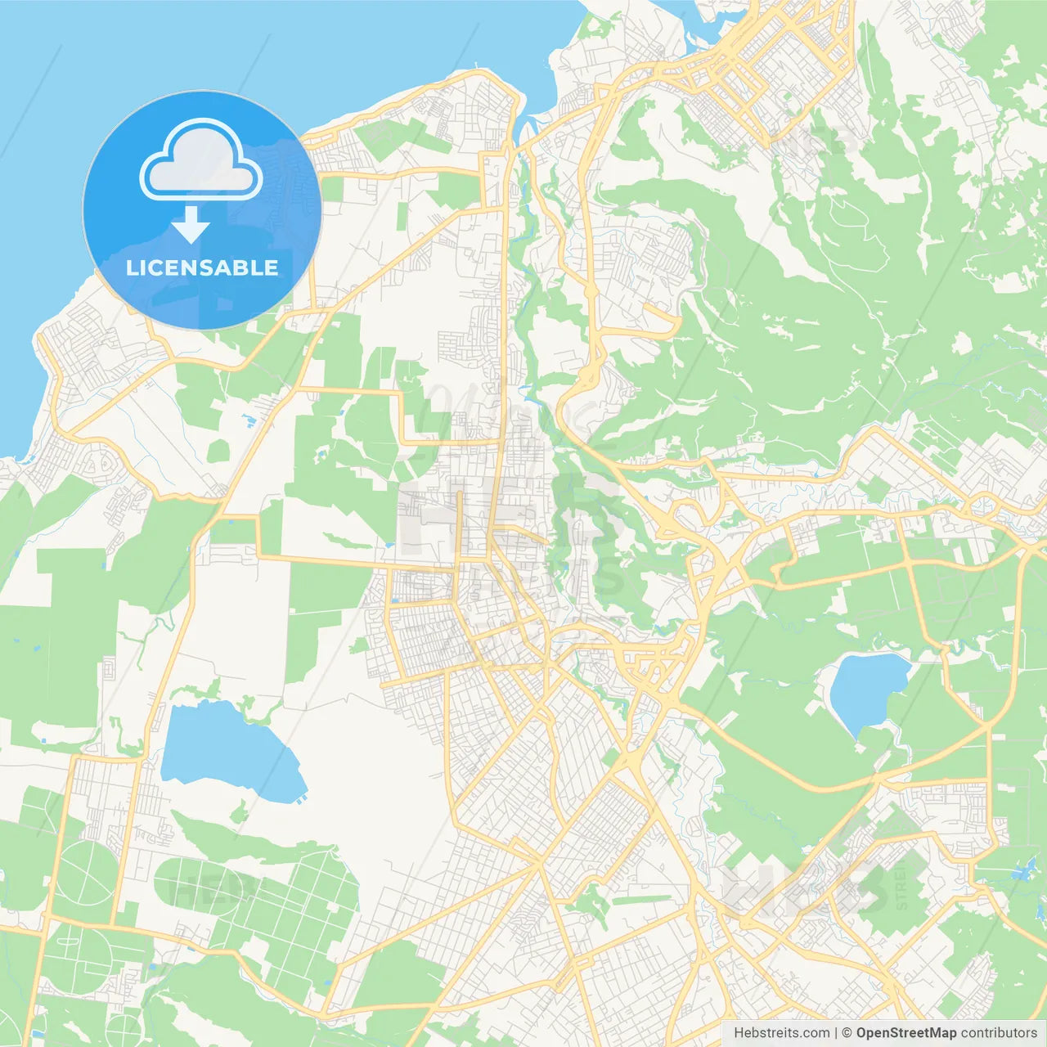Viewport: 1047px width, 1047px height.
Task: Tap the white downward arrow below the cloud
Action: pyautogui.click(x=191, y=224)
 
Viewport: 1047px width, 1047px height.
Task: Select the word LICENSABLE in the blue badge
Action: pyautogui.click(x=202, y=267)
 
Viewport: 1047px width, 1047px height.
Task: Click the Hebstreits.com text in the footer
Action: pyautogui.click(x=781, y=1033)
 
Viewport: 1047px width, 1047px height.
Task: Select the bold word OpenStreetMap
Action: pyautogui.click(x=906, y=1033)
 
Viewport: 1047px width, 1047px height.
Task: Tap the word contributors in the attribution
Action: pyautogui.click(x=999, y=1033)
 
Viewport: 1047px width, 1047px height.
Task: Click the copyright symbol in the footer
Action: pyautogui.click(x=847, y=1033)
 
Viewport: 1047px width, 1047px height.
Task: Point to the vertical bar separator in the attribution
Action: pyautogui.click(x=836, y=1033)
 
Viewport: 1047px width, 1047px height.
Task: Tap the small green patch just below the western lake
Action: pyautogui.click(x=239, y=813)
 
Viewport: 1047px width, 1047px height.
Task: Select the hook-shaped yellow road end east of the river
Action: pyautogui.click(x=667, y=323)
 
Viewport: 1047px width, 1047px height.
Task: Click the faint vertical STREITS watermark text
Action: pyautogui.click(x=901, y=883)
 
